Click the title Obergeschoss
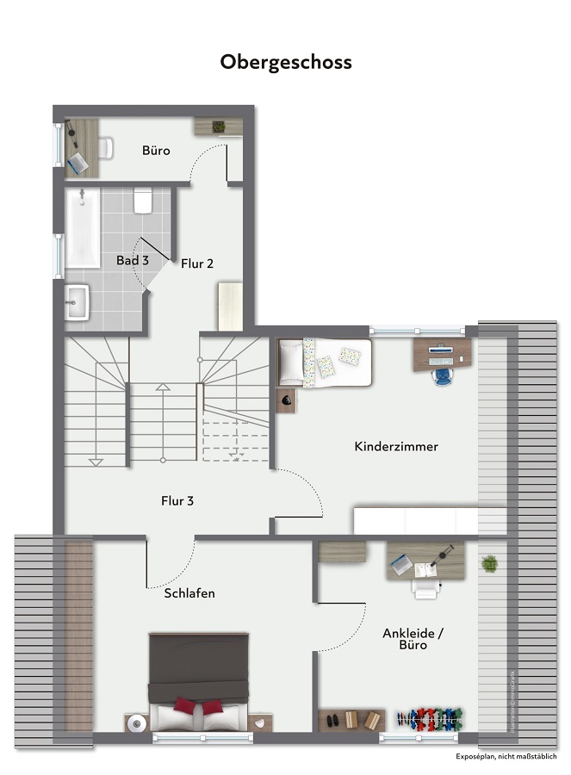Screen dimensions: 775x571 (286, 63)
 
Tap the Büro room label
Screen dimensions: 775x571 (156, 151)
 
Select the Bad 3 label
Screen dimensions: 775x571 (133, 260)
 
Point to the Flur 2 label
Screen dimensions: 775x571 (197, 263)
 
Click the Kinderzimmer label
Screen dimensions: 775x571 (396, 447)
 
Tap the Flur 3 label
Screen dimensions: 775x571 (177, 500)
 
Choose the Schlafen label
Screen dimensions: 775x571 (189, 593)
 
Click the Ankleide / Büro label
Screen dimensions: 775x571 (413, 638)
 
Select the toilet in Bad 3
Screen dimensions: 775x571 (144, 201)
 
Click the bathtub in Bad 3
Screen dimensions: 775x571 (83, 228)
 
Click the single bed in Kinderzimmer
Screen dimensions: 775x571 (325, 362)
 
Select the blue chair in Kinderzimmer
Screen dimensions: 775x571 (444, 375)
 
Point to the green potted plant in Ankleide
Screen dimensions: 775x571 (489, 564)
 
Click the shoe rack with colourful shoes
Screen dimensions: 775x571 (428, 719)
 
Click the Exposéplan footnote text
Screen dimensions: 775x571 (506, 757)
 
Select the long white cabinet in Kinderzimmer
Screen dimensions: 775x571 (415, 521)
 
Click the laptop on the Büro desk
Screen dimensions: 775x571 (78, 161)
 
